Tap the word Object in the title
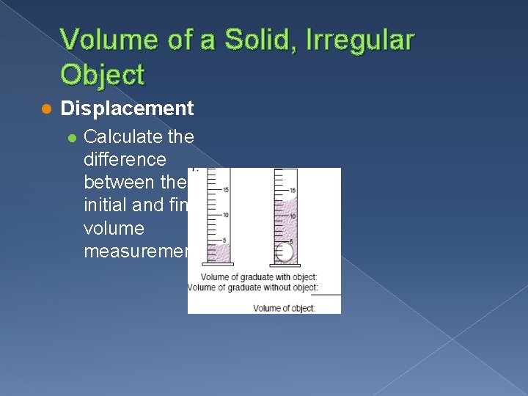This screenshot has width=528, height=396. pos(103,74)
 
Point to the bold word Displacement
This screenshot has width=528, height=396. pos(127,109)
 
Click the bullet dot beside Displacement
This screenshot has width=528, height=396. pos(45,109)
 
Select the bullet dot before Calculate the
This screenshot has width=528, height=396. pos(71,136)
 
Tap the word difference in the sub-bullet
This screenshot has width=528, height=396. pos(125,159)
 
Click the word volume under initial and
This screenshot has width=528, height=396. pos(114,229)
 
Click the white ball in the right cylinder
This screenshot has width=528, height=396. pos(284,252)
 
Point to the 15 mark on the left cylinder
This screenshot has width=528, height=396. pos(226,190)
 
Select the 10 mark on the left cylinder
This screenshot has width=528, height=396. pos(226,214)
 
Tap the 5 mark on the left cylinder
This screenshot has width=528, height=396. pos(227,239)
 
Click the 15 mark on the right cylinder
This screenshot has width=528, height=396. pos(293,190)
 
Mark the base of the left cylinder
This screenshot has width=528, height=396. pos(219,263)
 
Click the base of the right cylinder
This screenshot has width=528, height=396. pos(285,264)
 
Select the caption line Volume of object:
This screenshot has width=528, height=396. pos(284,308)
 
